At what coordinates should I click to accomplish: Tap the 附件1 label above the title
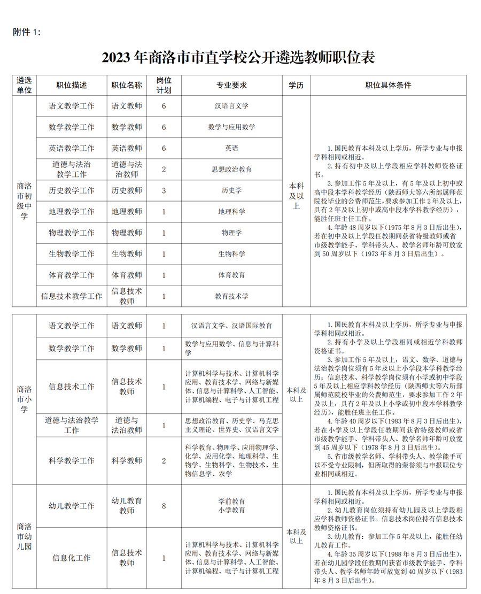pyautogui.click(x=26, y=32)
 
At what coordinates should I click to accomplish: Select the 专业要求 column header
pyautogui.click(x=231, y=85)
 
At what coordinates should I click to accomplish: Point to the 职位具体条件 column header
pyautogui.click(x=388, y=85)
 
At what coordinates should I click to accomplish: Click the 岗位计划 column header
pyautogui.click(x=164, y=85)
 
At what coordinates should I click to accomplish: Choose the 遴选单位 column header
pyautogui.click(x=24, y=85)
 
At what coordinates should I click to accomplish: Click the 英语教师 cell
pyautogui.click(x=127, y=148)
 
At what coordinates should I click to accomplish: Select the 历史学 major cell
pyautogui.click(x=231, y=190)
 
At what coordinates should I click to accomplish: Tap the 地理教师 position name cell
pyautogui.click(x=127, y=212)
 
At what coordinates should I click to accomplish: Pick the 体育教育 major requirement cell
pyautogui.click(x=231, y=275)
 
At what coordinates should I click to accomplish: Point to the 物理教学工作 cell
pyautogui.click(x=71, y=233)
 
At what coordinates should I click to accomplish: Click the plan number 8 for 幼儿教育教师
pyautogui.click(x=164, y=506)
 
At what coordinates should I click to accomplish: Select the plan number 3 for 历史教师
pyautogui.click(x=164, y=190)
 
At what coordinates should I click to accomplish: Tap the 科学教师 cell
pyautogui.click(x=127, y=460)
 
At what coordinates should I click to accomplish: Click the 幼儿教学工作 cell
pyautogui.click(x=71, y=506)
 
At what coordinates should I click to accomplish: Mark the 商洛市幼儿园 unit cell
pyautogui.click(x=24, y=536)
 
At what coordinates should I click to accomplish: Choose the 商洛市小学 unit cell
pyautogui.click(x=24, y=399)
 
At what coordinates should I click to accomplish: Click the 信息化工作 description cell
pyautogui.click(x=71, y=558)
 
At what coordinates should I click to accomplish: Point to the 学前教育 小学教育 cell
pyautogui.click(x=231, y=506)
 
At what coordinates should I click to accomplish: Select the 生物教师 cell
pyautogui.click(x=127, y=254)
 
